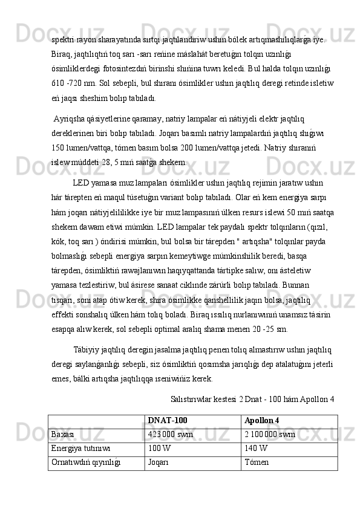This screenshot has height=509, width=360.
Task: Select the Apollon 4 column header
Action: point(262,420)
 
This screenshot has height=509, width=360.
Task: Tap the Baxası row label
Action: point(63,434)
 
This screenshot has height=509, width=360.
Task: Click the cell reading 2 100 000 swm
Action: point(270,434)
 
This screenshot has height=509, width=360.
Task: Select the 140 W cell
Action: point(255,448)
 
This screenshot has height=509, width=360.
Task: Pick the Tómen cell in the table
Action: point(255,462)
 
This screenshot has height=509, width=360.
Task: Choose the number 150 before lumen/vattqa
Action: point(59,147)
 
